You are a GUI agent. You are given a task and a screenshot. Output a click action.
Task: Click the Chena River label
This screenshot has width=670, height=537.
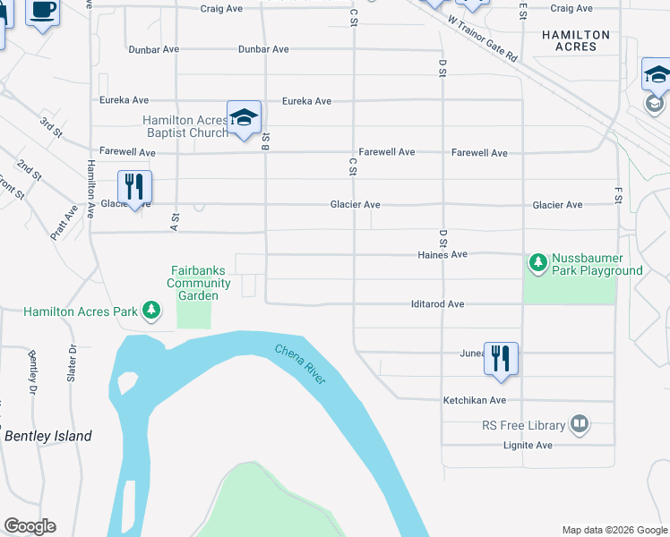[301, 365]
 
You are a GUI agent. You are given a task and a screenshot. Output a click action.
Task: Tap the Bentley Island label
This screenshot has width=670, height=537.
[48, 436]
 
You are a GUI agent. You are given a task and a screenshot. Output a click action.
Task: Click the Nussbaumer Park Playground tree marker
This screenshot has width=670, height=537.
[537, 262]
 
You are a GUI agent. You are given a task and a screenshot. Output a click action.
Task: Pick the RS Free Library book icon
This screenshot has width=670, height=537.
[580, 424]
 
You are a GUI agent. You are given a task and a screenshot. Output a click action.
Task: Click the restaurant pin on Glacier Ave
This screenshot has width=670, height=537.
[134, 187]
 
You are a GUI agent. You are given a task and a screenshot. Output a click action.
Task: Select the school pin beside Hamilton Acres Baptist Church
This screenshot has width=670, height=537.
[244, 117]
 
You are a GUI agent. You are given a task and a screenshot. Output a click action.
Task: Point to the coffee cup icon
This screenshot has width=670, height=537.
[43, 11]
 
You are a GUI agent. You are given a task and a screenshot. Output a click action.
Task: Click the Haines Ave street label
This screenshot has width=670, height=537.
[442, 254]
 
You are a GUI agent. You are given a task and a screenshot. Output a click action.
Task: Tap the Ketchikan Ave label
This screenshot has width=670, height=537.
[474, 400]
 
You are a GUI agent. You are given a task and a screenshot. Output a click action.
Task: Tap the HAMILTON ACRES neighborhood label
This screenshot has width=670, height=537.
[576, 40]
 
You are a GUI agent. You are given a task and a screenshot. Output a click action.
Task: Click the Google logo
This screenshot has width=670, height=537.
[30, 526]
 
